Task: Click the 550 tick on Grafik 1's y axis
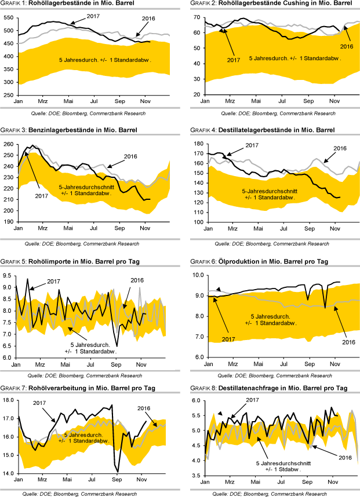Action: coord(8,17)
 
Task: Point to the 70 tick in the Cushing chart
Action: coord(196,17)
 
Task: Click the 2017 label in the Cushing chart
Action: coord(234,60)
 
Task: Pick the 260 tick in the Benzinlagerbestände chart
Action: coord(8,144)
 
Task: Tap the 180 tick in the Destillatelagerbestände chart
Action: coord(196,144)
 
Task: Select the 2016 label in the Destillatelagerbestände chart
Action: coord(339,149)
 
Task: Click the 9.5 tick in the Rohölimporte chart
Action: coord(9,271)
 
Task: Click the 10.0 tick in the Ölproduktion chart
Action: coord(196,276)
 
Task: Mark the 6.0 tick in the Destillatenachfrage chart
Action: coord(197,401)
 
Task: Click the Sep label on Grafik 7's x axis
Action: coord(115,480)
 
